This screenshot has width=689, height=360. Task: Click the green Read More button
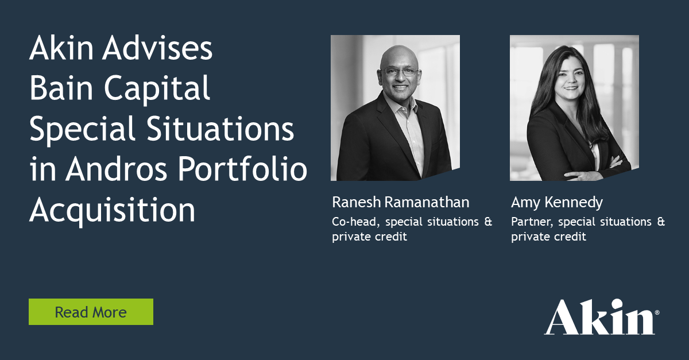pyautogui.click(x=91, y=312)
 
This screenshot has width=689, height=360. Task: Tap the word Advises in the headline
pyautogui.click(x=159, y=51)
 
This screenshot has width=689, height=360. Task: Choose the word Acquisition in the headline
pyautogui.click(x=112, y=211)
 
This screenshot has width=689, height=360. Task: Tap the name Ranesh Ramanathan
pyautogui.click(x=400, y=202)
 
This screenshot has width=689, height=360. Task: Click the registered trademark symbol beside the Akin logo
pyautogui.click(x=657, y=313)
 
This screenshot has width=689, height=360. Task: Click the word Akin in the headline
pyautogui.click(x=60, y=51)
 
